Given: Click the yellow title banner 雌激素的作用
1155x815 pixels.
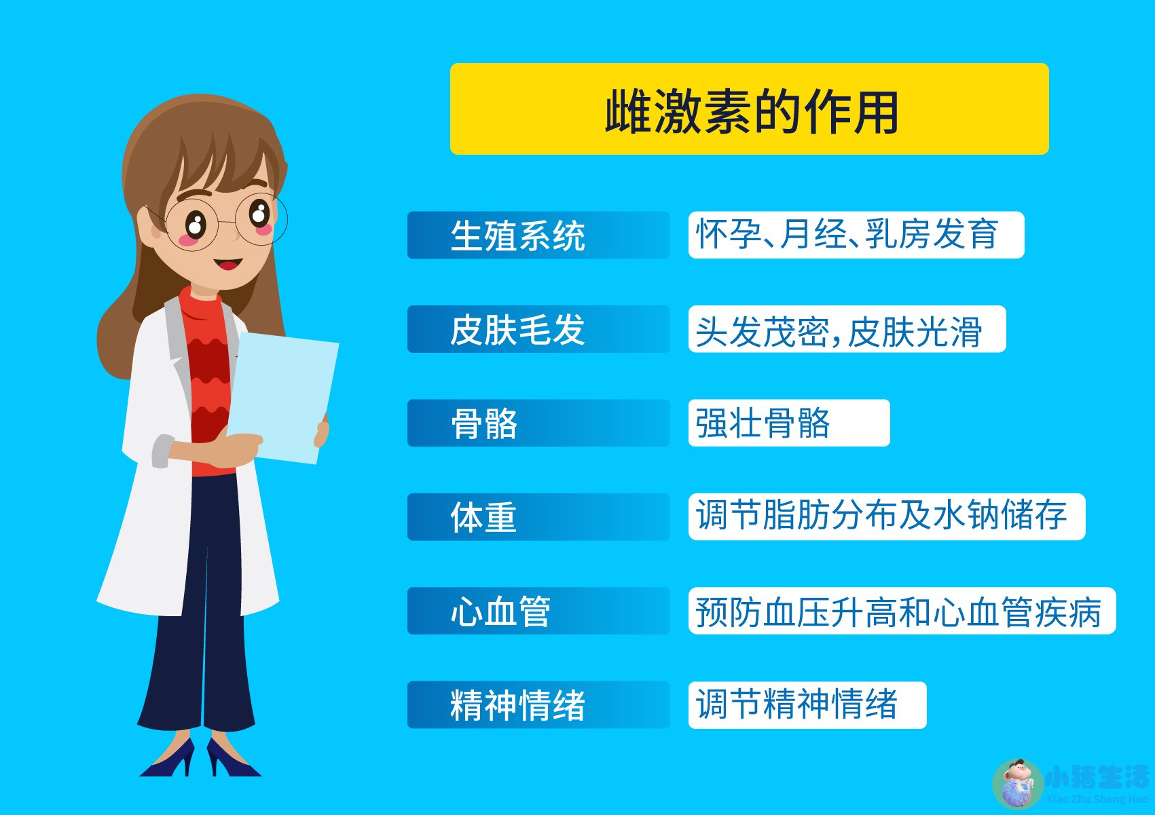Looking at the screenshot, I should pos(749,109).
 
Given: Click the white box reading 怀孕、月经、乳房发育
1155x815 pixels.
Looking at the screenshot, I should pos(856,235).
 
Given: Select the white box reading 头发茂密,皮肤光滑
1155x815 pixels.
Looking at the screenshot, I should pos(846,329).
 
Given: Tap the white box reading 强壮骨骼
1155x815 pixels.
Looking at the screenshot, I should pos(788,423).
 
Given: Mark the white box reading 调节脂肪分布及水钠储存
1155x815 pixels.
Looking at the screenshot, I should pos(886,517).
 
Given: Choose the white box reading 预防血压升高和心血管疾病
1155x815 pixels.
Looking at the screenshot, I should pos(902,611).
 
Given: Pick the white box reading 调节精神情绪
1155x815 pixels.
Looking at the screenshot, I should pos(807,704).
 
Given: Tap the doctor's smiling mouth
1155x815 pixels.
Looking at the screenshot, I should pos(227,263).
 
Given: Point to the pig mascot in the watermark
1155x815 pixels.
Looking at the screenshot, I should pos(1017,784).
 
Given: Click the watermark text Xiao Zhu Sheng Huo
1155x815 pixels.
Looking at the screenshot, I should pos(1097,799).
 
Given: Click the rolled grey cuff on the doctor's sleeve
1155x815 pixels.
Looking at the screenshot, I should pos(162,451).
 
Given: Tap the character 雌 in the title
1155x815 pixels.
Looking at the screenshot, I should pos(628,112).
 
